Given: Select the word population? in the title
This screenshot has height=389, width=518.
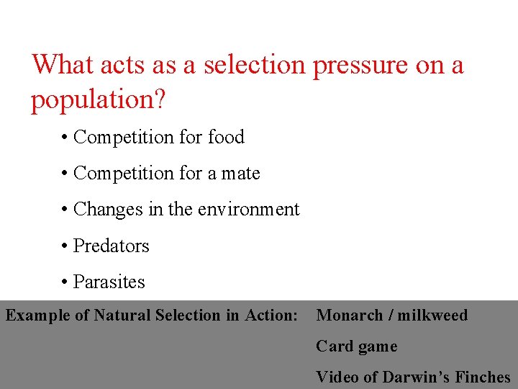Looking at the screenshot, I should point(98,101).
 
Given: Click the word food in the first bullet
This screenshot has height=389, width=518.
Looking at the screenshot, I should point(226,137).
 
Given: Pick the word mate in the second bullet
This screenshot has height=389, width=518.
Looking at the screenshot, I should point(241,174).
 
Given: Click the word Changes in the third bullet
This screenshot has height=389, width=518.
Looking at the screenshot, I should point(108,210).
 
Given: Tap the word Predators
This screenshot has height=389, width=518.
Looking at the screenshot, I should point(112,246).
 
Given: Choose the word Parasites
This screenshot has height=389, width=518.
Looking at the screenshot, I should point(109,282).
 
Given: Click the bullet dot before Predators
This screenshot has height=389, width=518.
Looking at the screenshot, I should point(65,246).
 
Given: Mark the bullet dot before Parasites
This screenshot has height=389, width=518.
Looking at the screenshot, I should point(65,282).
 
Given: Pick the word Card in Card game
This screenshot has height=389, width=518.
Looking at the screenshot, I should point(332,346).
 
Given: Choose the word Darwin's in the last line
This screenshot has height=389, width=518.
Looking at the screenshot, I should point(416,377).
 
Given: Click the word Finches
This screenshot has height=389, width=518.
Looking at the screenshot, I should point(483,377).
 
